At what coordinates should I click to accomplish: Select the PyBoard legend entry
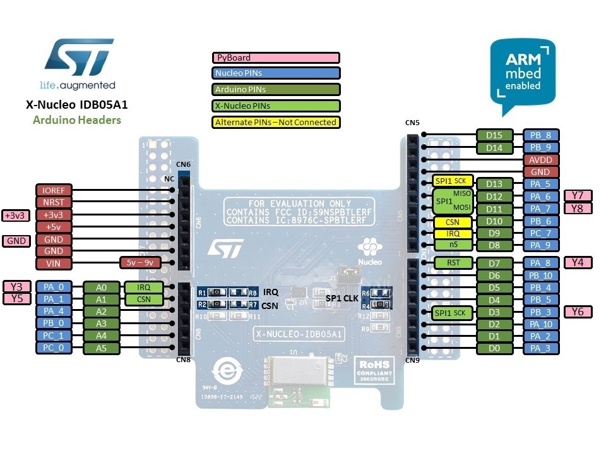[x=276, y=58]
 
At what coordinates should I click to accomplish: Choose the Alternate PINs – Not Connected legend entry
[x=276, y=122]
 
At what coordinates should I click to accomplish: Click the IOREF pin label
[x=54, y=190]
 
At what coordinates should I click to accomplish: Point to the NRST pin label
[x=54, y=202]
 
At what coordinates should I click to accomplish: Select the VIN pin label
[x=54, y=264]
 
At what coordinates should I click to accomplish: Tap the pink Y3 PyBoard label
[x=16, y=286]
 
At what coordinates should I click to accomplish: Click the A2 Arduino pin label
[x=101, y=312]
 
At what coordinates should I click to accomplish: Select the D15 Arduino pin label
[x=494, y=135]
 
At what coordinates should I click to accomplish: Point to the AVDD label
[x=540, y=159]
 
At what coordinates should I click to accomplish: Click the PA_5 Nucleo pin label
[x=540, y=184]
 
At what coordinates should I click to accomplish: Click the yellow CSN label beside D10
[x=451, y=222]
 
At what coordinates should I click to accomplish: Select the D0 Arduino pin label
[x=494, y=348]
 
